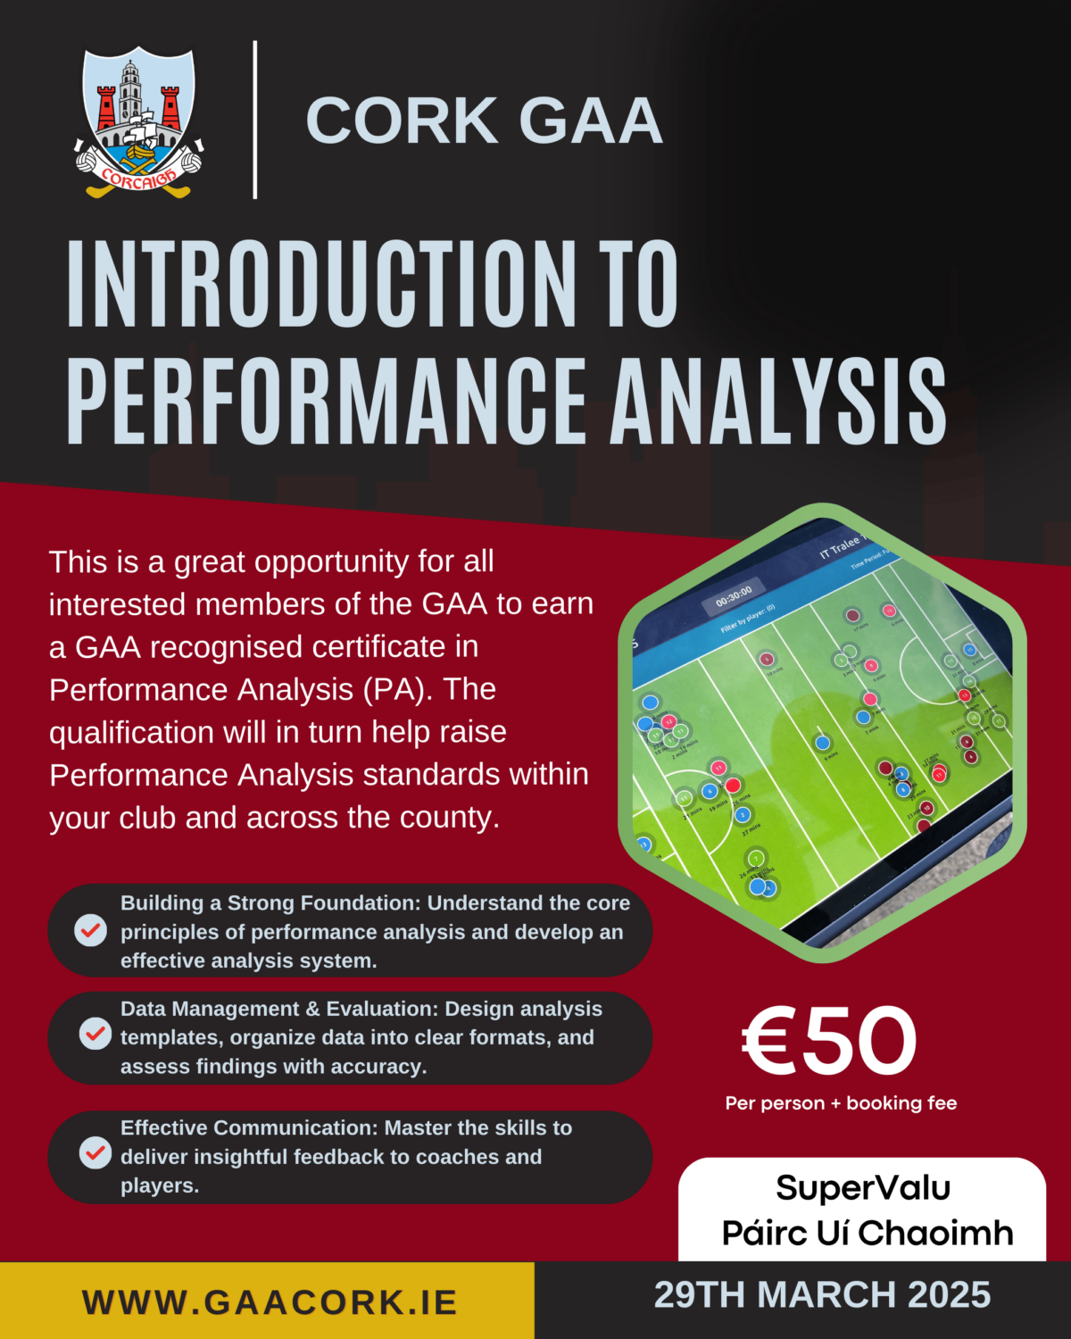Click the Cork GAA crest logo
coord(138,123)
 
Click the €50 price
coord(829,1041)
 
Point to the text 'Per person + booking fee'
coord(841,1103)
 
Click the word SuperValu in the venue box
coord(863,1188)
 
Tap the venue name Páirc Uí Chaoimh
coord(868,1233)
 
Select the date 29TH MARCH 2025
coord(822,1294)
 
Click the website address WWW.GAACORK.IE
coord(270,1302)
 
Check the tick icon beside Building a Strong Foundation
coord(90,930)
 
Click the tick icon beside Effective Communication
coord(95,1152)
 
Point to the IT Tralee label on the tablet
coord(839,546)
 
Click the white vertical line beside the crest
coord(255,120)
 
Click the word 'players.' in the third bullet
coord(160,1185)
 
